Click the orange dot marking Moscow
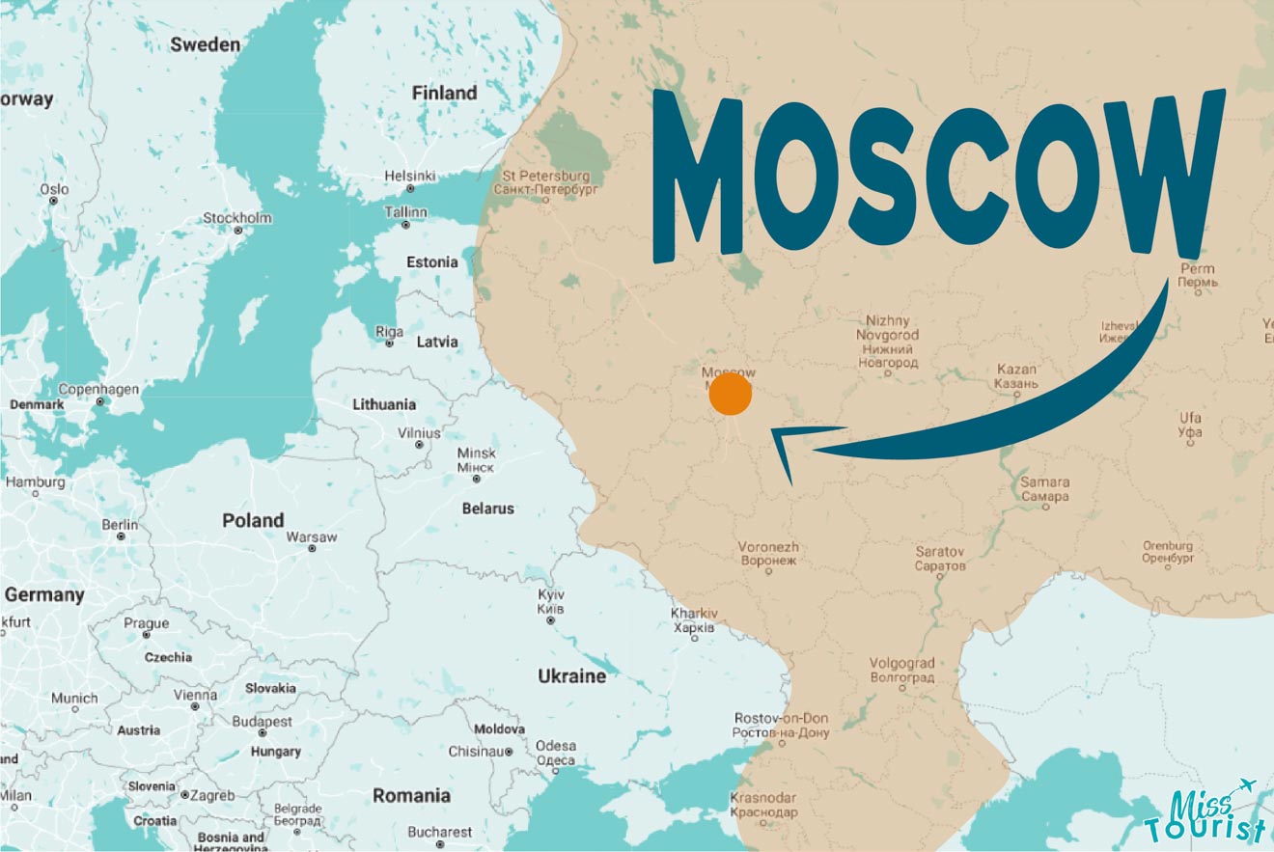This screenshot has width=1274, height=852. coord(730,396)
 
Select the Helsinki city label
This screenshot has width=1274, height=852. coord(410,176)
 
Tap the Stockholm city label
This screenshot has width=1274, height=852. coord(236,218)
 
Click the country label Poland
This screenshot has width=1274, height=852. coord(253,520)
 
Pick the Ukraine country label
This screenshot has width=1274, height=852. coord(572,675)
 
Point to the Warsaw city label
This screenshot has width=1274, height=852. coord(312,537)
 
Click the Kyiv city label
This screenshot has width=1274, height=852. coord(551,601)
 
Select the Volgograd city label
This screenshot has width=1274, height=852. coord(902,670)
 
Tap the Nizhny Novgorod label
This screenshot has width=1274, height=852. coord(888,342)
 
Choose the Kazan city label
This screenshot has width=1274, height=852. coord(1015,376)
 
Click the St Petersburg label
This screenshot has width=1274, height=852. coord(546,182)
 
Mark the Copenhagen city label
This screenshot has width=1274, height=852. coord(99,390)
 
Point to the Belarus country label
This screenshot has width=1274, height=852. coord(488,508)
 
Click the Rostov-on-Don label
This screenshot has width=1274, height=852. coord(782,726)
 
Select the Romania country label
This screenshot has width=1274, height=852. coord(412,796)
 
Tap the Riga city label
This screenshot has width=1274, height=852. coord(390,332)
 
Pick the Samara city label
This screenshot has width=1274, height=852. coord(1044,488)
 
